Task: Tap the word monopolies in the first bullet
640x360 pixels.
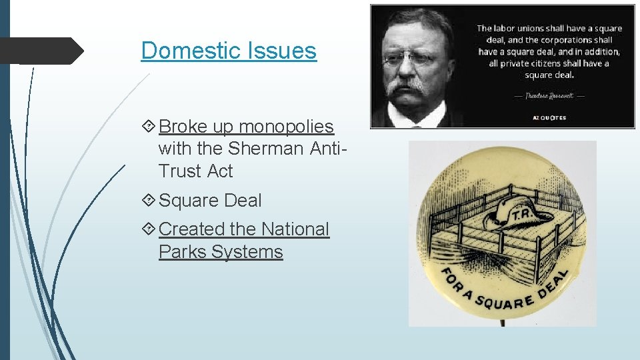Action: point(287,126)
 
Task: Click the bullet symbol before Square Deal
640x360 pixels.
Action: point(149,200)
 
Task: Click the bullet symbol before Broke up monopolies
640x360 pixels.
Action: point(149,126)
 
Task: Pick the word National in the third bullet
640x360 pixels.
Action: point(295,229)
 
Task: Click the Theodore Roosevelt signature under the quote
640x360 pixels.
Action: point(549,95)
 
